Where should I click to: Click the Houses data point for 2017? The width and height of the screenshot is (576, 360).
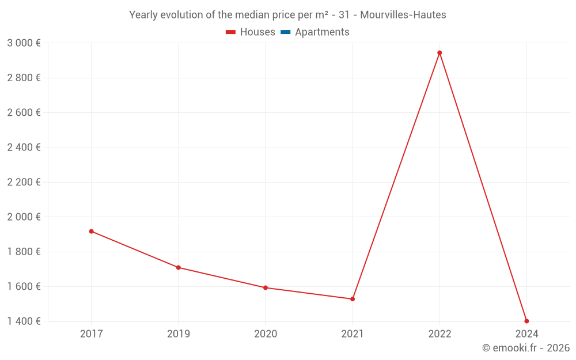point(91,232)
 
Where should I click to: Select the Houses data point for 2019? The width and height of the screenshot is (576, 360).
point(179,267)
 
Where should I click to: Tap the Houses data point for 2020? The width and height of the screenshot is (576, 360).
point(266,287)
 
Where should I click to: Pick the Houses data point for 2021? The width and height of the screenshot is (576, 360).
point(353,299)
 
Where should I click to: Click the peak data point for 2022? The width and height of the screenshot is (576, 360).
point(439,53)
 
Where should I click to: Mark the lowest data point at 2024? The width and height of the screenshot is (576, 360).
point(526,321)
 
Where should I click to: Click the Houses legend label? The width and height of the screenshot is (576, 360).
point(257,32)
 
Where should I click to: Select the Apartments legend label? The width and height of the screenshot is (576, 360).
point(322,32)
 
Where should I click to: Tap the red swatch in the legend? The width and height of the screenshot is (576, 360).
point(231,32)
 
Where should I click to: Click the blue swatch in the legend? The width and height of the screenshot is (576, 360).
point(286,32)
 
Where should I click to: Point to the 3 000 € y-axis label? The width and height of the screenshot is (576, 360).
point(24,43)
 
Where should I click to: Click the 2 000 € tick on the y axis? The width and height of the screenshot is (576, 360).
point(24,217)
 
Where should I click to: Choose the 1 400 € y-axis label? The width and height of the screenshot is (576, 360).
point(24,321)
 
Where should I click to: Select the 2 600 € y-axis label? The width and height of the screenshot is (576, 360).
point(24,113)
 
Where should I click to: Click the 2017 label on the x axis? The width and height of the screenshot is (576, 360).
point(91,334)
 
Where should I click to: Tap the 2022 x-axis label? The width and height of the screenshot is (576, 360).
point(439,334)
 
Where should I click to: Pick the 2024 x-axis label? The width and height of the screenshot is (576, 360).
point(526,334)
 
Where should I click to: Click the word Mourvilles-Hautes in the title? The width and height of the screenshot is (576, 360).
point(403,15)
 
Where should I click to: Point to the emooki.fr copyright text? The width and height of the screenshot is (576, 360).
point(526,348)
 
